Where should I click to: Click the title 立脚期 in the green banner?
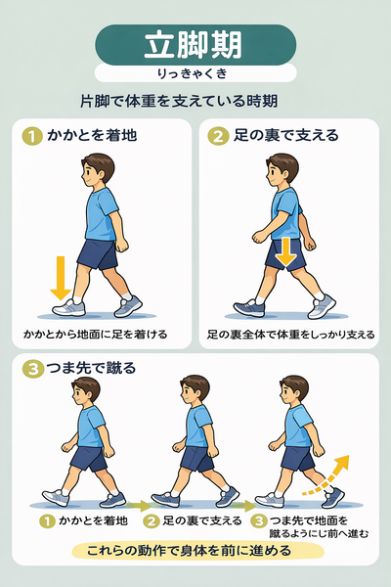[195, 45]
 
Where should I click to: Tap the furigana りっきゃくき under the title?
[195, 73]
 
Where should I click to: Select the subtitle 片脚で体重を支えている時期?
[195, 101]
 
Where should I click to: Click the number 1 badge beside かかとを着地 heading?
[32, 136]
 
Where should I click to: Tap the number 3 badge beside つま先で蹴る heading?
[32, 369]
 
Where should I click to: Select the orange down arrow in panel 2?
[285, 251]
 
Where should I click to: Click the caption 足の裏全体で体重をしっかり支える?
[290, 334]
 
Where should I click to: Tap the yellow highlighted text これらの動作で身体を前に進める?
[195, 550]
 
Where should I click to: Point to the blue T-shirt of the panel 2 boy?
[285, 209]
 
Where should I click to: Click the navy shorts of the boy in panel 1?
[98, 253]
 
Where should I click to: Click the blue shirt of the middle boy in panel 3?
[197, 427]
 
